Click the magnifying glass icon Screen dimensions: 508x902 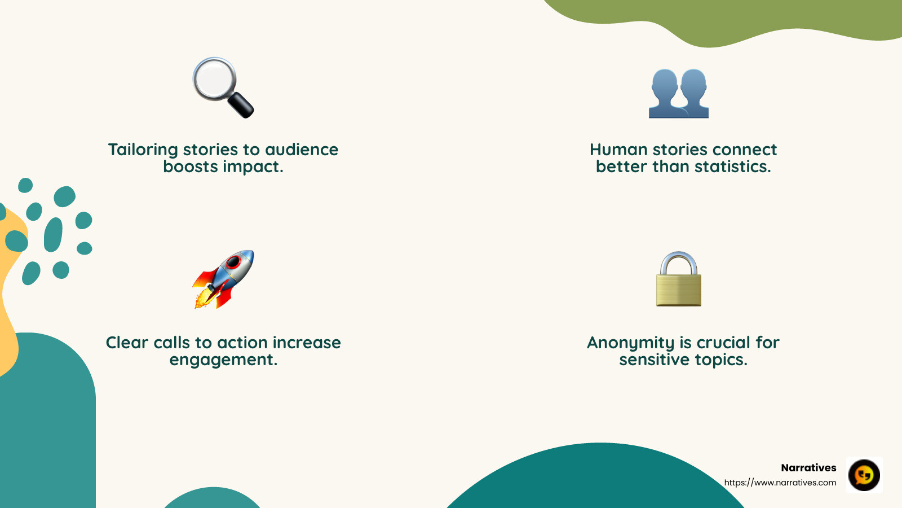coord(223,87)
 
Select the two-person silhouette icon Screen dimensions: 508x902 coord(678,93)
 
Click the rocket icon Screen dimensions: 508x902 coord(224,279)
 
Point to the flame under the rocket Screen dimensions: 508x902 coord(202,299)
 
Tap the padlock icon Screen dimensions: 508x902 coord(678,280)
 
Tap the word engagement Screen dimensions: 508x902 coord(223,360)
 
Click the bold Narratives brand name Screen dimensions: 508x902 coord(808,468)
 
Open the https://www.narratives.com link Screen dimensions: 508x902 coord(780,483)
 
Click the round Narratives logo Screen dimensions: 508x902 coord(864,475)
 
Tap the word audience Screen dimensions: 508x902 coord(302,150)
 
